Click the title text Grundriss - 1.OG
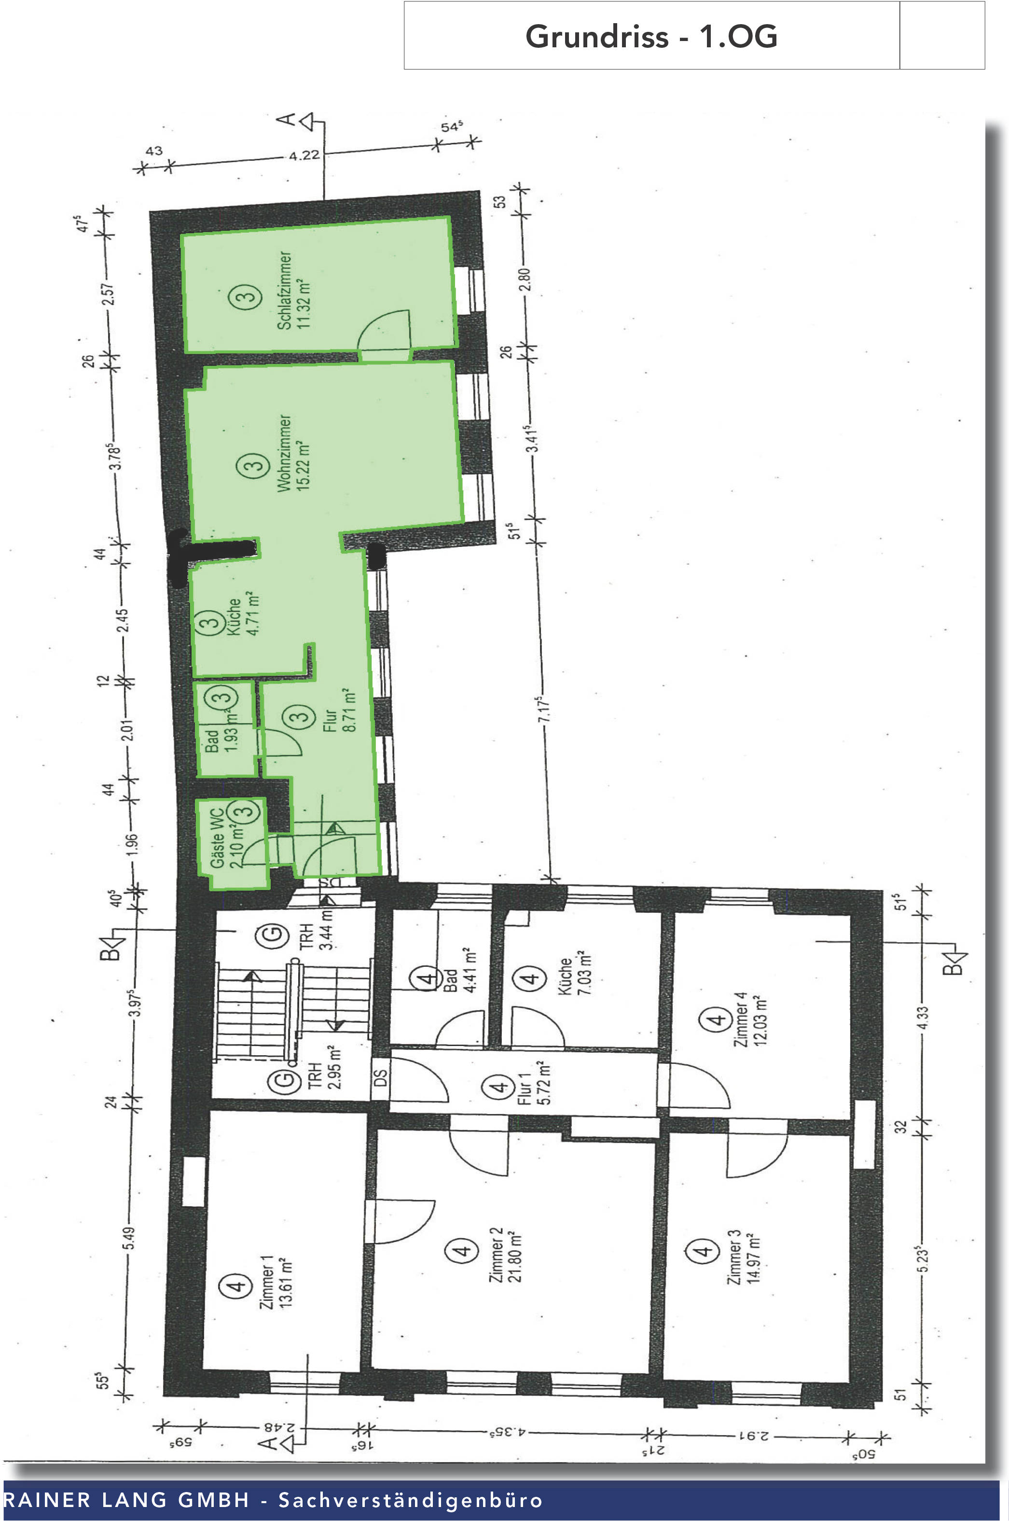click(651, 36)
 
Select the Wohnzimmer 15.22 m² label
click(293, 453)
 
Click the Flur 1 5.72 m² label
click(534, 1088)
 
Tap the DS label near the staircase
click(381, 1077)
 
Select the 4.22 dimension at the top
click(304, 155)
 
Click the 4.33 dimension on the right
click(923, 1018)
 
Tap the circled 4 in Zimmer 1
click(237, 1285)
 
